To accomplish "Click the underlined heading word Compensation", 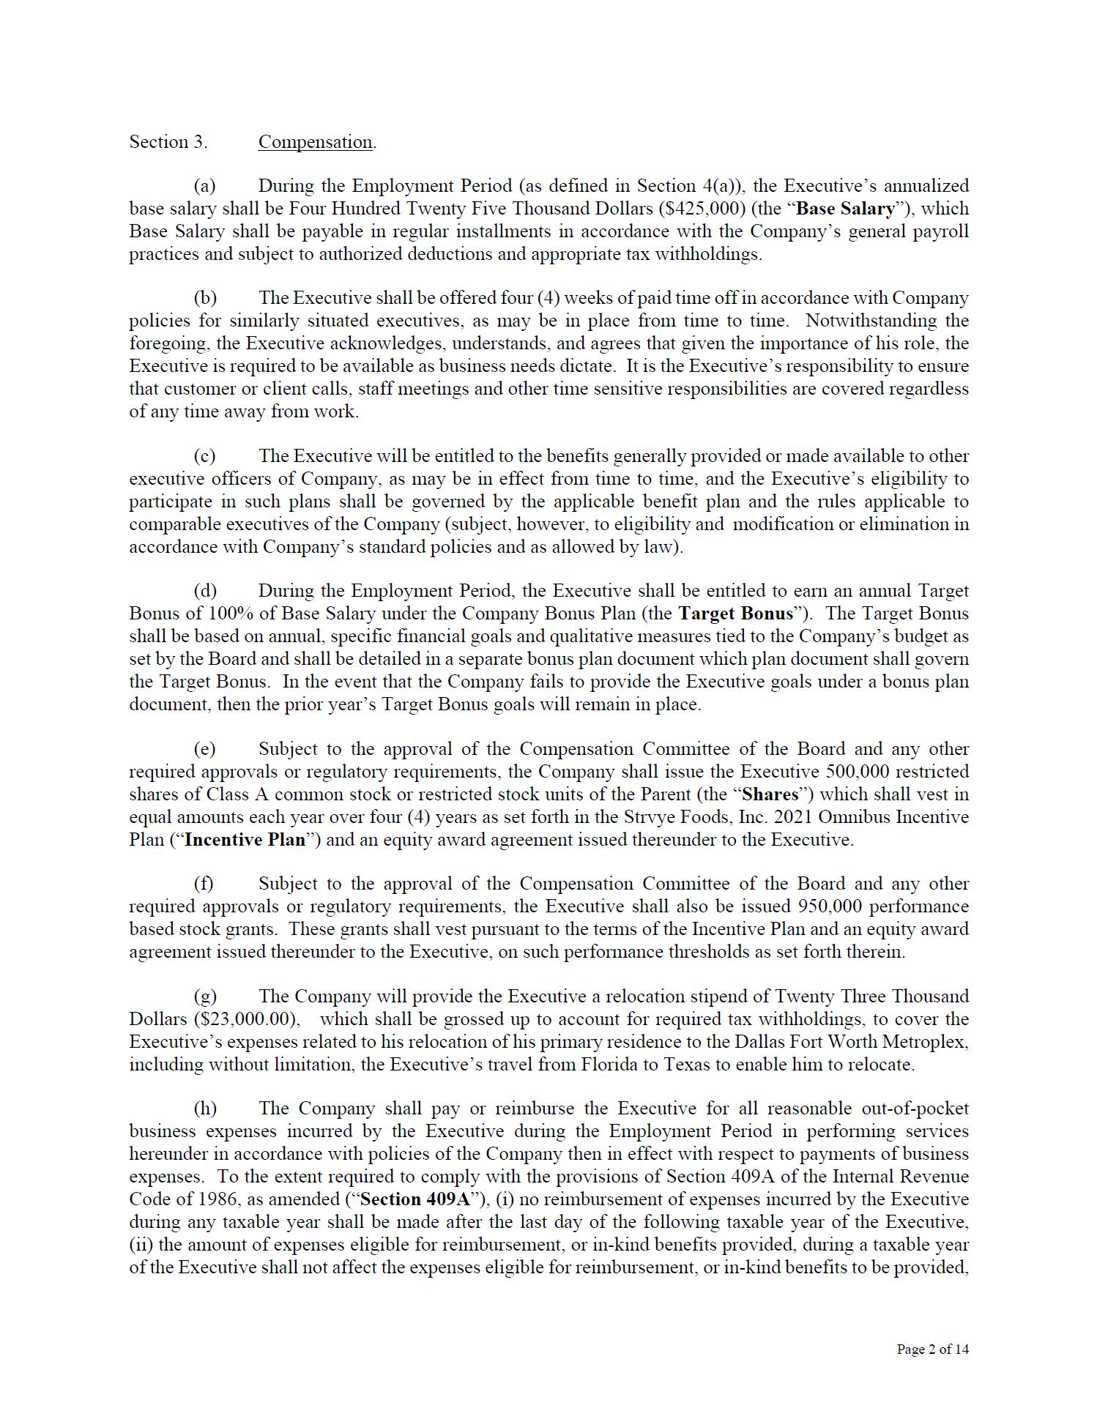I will (x=315, y=142).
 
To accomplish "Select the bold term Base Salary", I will (x=845, y=209).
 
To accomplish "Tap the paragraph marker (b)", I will (x=205, y=298).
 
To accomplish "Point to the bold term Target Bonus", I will (x=736, y=614).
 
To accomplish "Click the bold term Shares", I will (x=770, y=794).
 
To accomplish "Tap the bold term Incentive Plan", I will (x=245, y=840).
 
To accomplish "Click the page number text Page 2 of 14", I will (x=932, y=1349).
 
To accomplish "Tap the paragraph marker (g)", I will (x=205, y=997).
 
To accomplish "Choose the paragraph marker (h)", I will (x=205, y=1109).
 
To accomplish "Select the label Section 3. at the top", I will (x=168, y=142).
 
